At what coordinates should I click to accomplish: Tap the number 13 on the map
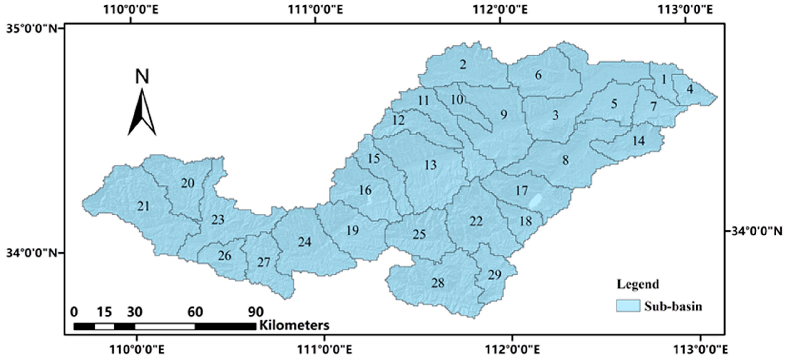click(x=431, y=165)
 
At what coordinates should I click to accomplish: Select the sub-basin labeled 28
click(x=438, y=283)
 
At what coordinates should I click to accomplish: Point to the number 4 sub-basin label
click(x=690, y=89)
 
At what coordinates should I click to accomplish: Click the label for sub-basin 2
click(x=463, y=65)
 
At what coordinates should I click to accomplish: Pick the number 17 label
click(x=522, y=191)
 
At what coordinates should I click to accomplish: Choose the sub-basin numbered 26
click(x=224, y=256)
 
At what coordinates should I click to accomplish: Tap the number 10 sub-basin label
click(x=457, y=100)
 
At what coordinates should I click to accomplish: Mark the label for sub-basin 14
click(x=639, y=141)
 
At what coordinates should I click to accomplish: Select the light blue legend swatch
click(x=628, y=305)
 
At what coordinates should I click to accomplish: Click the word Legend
click(x=638, y=284)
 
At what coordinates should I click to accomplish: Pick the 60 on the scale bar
click(x=195, y=312)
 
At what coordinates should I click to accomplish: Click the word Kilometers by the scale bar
click(x=294, y=325)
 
